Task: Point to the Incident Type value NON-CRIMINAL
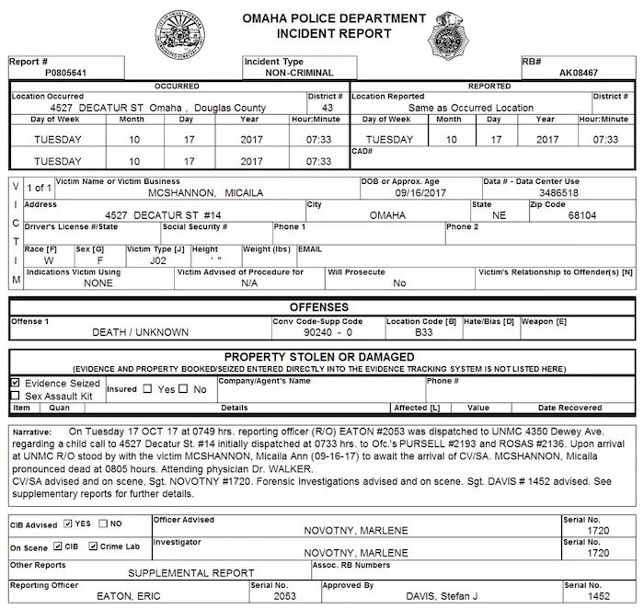299,73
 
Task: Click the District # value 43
327,108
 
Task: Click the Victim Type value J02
146,260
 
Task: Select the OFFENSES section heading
319,306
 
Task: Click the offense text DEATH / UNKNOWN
141,332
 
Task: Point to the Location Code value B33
423,332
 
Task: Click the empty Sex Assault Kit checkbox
15,396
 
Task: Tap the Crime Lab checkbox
94,547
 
